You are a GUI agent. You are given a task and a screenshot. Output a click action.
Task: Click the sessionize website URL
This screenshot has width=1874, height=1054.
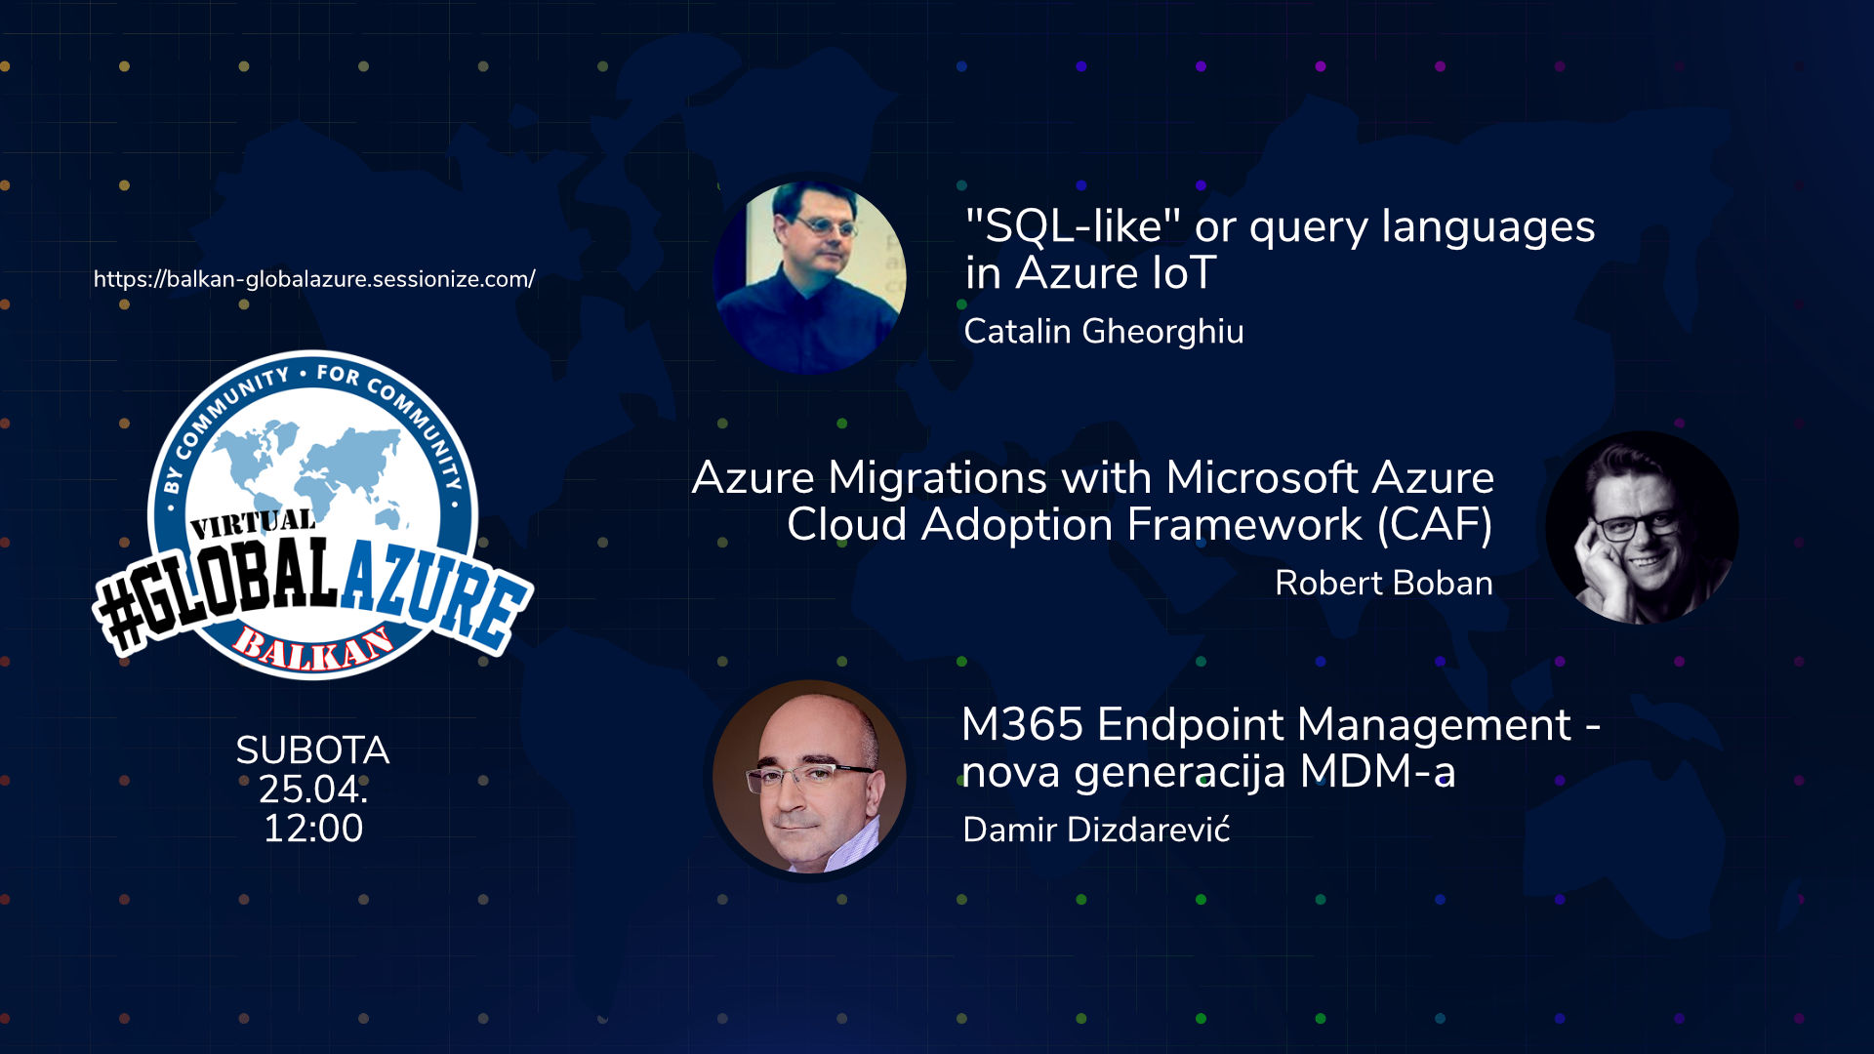point(314,279)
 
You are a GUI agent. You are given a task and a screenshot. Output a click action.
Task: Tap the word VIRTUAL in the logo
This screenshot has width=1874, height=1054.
point(253,524)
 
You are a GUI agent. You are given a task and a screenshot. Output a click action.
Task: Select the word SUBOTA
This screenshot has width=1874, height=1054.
point(312,750)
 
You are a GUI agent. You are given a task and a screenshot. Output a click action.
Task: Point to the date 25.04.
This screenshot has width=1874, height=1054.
point(312,790)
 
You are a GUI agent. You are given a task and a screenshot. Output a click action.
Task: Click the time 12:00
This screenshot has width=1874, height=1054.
point(312,829)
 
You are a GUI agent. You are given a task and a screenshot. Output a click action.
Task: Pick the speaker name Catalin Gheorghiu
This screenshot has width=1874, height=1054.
point(1103,332)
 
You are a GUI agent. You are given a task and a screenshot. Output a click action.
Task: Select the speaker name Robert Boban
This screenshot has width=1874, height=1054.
point(1383,583)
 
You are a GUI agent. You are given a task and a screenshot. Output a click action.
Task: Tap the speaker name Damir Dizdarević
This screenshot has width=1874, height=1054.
point(1096,830)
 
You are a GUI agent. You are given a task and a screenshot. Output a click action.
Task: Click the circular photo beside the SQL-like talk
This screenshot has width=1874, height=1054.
point(809,277)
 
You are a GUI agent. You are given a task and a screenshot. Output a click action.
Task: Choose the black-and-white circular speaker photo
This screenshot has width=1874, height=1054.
point(1642,528)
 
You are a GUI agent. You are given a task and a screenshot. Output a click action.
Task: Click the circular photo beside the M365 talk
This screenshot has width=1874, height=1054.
point(809,777)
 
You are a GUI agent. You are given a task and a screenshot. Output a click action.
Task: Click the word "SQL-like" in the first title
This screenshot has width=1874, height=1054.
point(1073,226)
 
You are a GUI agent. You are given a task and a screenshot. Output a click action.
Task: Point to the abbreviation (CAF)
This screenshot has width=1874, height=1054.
point(1435,525)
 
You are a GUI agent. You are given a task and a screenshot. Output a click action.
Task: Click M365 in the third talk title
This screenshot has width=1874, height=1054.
point(1023,725)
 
